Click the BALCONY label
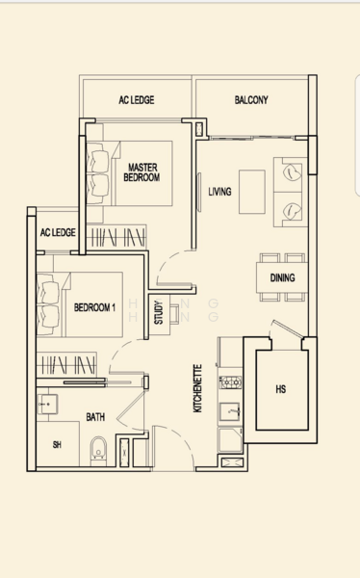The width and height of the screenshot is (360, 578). pyautogui.click(x=251, y=100)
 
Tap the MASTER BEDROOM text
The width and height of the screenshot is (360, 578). pyautogui.click(x=142, y=172)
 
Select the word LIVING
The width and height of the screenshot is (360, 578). pyautogui.click(x=219, y=192)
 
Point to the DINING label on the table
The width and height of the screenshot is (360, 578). pyautogui.click(x=282, y=278)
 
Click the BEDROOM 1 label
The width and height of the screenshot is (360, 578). pyautogui.click(x=94, y=307)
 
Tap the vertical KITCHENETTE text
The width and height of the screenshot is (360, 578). pyautogui.click(x=197, y=388)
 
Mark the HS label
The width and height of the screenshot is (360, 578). pyautogui.click(x=280, y=389)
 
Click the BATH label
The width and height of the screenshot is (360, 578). pyautogui.click(x=95, y=417)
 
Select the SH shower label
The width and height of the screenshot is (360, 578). pyautogui.click(x=58, y=445)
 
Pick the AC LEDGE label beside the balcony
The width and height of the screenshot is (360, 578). pyautogui.click(x=136, y=100)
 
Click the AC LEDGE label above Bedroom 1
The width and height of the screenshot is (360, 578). pyautogui.click(x=58, y=233)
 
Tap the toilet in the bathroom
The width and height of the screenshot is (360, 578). pyautogui.click(x=97, y=449)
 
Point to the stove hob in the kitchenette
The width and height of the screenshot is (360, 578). pyautogui.click(x=230, y=382)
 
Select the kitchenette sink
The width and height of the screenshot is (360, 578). pyautogui.click(x=230, y=412)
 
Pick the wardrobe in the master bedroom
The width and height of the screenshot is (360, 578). pyautogui.click(x=116, y=236)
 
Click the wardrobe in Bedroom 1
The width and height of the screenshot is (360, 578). pyautogui.click(x=69, y=365)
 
